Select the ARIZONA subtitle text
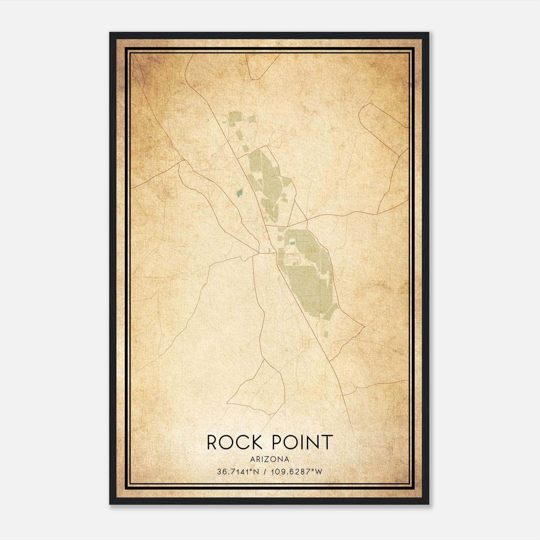pos(270,459)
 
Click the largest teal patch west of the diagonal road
pos(240,193)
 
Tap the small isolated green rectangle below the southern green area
pos(326,334)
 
